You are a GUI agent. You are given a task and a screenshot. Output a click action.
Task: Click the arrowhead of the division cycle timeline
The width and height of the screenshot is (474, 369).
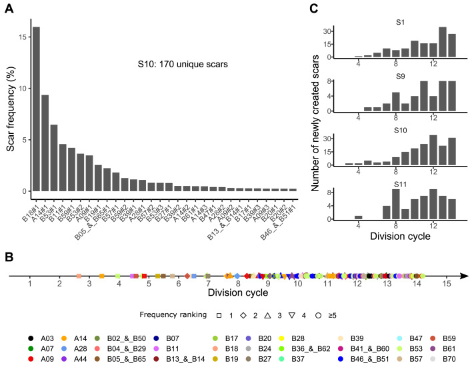point(464,275)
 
